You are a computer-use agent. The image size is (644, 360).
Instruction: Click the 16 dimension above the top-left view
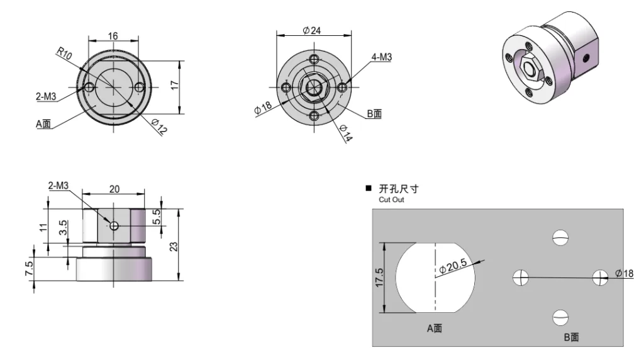[113, 37]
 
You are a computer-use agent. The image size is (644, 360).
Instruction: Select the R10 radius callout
[64, 55]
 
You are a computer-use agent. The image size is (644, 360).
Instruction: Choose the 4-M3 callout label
[382, 57]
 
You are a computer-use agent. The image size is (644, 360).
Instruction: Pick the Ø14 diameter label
[346, 135]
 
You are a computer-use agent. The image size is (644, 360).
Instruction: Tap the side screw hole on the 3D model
[588, 57]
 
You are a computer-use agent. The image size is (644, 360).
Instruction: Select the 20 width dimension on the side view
[114, 189]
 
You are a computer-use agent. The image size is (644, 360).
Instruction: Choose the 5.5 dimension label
[157, 215]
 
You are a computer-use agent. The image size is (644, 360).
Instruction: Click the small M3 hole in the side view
[113, 225]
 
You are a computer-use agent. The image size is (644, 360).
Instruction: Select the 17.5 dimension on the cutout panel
[378, 277]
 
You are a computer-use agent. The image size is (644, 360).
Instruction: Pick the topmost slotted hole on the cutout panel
[560, 238]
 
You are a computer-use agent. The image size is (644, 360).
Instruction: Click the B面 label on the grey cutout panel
[571, 337]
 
